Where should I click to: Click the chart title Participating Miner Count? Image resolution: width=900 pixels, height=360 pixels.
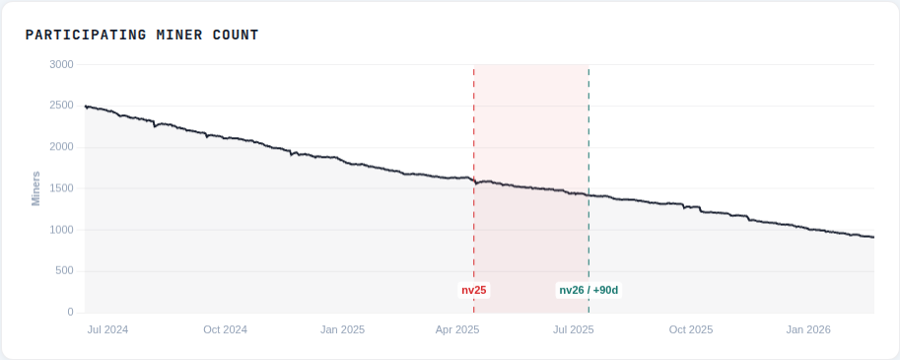[x=142, y=36]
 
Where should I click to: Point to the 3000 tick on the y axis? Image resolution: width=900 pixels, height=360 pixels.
[x=63, y=64]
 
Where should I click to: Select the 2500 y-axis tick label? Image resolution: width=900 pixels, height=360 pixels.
[x=63, y=106]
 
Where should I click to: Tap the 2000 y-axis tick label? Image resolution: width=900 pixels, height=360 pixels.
[x=63, y=147]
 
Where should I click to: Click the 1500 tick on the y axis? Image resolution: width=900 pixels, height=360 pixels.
[x=63, y=188]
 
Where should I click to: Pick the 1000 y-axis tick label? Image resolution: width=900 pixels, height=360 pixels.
[x=63, y=230]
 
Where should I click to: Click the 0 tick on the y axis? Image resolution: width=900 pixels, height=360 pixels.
[x=70, y=313]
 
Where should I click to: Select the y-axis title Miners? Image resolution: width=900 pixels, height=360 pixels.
[x=35, y=188]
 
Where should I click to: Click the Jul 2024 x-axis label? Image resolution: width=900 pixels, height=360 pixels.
[x=107, y=329]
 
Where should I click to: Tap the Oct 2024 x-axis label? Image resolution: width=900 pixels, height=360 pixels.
[x=225, y=329]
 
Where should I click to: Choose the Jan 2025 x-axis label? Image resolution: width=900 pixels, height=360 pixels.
[x=342, y=329]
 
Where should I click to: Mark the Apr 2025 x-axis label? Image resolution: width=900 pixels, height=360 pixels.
[x=457, y=329]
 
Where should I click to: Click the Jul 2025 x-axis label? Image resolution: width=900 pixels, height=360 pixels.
[x=574, y=329]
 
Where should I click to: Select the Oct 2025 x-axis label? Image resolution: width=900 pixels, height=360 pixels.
[x=690, y=329]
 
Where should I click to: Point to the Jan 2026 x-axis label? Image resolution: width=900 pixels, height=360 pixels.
[x=808, y=329]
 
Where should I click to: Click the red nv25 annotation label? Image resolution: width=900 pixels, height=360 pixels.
[x=474, y=290]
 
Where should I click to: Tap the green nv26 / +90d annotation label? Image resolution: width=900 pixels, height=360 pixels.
[x=588, y=290]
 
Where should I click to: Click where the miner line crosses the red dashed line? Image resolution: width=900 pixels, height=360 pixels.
[x=474, y=182]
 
